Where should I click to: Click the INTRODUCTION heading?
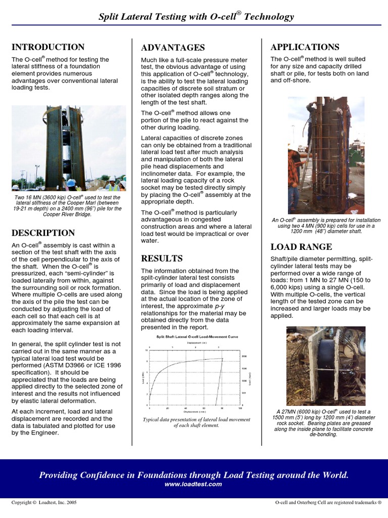click(x=48, y=47)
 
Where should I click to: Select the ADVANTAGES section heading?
click(x=173, y=48)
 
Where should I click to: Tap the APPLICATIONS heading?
click(x=305, y=47)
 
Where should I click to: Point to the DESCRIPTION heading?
click(x=43, y=233)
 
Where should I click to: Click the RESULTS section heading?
click(x=162, y=258)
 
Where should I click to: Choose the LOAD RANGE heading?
click(x=301, y=247)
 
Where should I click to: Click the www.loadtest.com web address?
click(x=193, y=484)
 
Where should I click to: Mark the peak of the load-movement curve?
click(x=223, y=359)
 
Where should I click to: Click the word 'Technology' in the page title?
click(x=269, y=17)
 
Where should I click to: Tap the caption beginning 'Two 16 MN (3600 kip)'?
click(x=67, y=206)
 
